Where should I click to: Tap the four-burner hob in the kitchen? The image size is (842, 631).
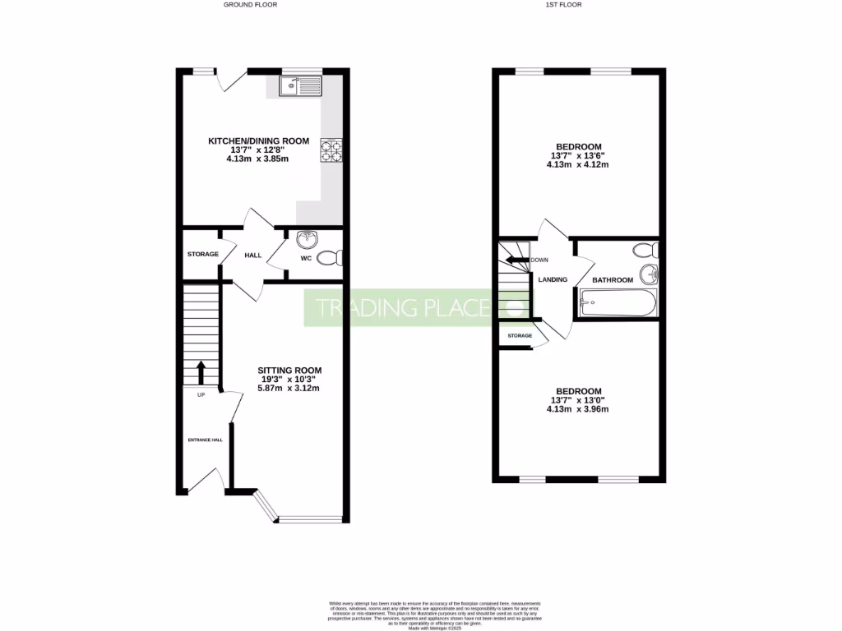click(x=331, y=150)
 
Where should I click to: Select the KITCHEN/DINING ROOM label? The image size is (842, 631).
click(x=258, y=141)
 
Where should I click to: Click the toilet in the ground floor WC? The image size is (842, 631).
click(x=331, y=258)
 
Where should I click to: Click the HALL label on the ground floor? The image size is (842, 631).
click(x=252, y=256)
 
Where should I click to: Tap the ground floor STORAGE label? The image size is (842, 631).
click(x=202, y=254)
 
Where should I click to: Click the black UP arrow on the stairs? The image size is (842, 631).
click(x=201, y=371)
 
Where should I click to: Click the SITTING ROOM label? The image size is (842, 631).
click(x=290, y=370)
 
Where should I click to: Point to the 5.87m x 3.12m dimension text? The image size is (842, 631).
click(x=290, y=389)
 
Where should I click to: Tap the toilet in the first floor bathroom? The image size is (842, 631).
click(x=644, y=249)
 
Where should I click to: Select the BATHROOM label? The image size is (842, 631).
click(x=613, y=280)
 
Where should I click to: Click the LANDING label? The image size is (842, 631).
click(x=553, y=279)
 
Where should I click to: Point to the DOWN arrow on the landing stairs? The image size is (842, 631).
click(x=518, y=260)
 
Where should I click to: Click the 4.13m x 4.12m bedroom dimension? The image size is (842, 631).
click(x=577, y=164)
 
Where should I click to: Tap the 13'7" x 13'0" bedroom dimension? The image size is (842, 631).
click(x=578, y=400)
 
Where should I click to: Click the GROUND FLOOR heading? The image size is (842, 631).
click(x=250, y=5)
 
